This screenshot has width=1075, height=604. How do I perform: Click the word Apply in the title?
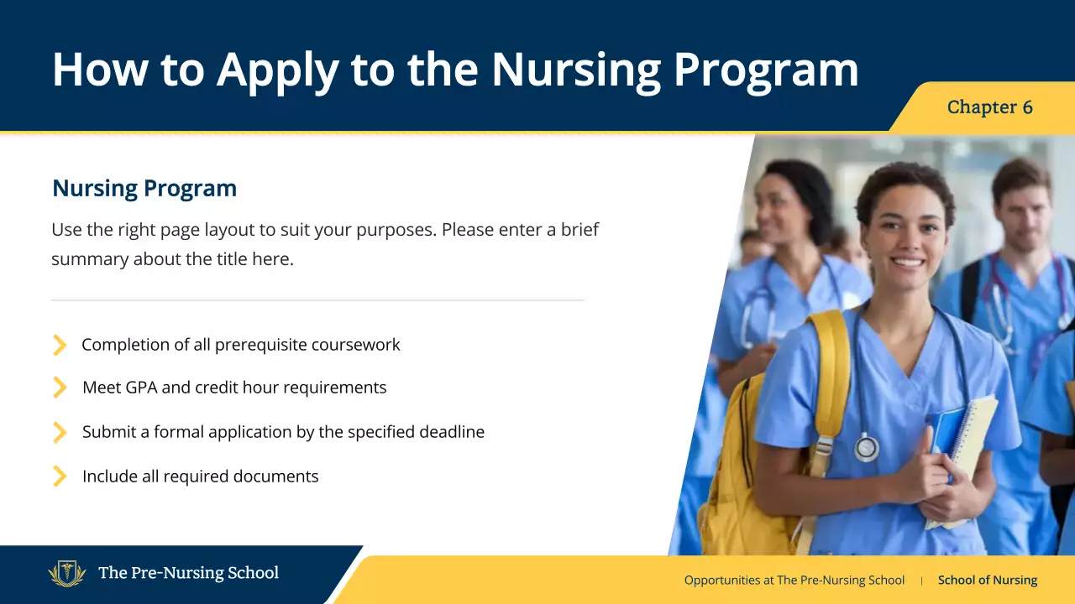pyautogui.click(x=277, y=70)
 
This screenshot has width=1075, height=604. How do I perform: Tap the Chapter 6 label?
pyautogui.click(x=989, y=107)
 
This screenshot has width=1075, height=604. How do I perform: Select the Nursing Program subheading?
pyautogui.click(x=144, y=189)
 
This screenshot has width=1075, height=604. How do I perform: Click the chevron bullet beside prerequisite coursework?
pyautogui.click(x=60, y=345)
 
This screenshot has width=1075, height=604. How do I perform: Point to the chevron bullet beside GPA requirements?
pyautogui.click(x=60, y=388)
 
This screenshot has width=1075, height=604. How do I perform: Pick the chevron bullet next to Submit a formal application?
pyautogui.click(x=60, y=432)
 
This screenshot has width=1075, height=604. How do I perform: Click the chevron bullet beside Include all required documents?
pyautogui.click(x=60, y=476)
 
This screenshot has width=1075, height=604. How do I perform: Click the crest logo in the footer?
pyautogui.click(x=67, y=574)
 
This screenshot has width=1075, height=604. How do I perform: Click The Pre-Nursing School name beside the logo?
pyautogui.click(x=188, y=574)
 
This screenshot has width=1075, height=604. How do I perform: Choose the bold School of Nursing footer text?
pyautogui.click(x=987, y=581)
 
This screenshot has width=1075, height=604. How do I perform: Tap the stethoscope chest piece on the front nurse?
pyautogui.click(x=866, y=447)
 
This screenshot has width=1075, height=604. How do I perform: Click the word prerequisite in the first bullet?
pyautogui.click(x=266, y=345)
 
